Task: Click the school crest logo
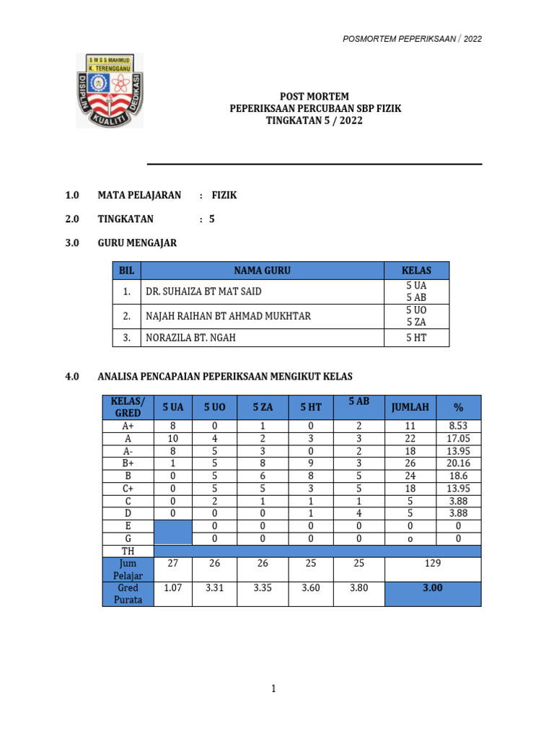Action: point(110,90)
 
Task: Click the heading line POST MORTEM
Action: point(314,97)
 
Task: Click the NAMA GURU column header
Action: point(262,271)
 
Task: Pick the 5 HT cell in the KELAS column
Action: point(416,337)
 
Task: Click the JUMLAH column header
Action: point(410,407)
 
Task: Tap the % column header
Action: point(458,407)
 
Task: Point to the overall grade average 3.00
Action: point(433,588)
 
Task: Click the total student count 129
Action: point(433,562)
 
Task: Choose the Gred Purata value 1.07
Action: point(173,588)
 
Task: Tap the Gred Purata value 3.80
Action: point(359,588)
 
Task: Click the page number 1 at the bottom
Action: point(274,689)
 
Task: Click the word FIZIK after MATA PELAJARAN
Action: point(224,196)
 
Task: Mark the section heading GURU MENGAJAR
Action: point(137,243)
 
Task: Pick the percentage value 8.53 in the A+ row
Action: point(458,427)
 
